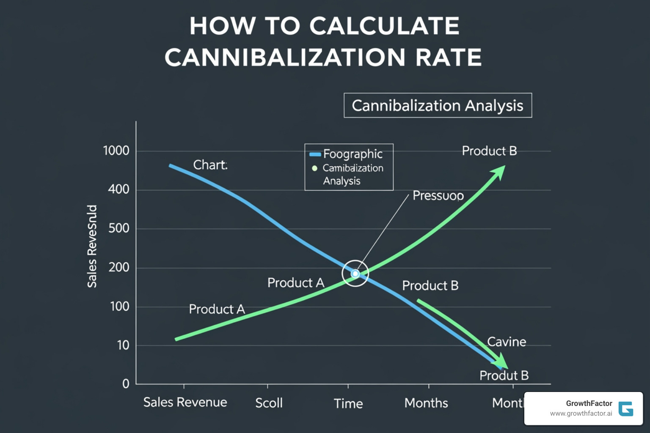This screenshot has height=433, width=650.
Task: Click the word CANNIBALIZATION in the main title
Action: click(x=284, y=58)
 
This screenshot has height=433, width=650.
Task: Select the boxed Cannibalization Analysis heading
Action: click(x=438, y=105)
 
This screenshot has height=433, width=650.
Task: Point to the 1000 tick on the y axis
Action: click(x=116, y=151)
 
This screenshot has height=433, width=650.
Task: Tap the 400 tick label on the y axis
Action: click(x=118, y=189)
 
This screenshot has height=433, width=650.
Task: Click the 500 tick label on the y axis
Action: click(x=118, y=228)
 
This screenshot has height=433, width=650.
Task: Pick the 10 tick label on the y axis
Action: click(x=123, y=345)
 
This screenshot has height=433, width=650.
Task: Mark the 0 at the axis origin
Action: click(x=126, y=384)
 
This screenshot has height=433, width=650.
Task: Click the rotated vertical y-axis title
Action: click(x=92, y=246)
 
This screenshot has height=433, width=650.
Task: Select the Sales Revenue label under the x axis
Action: click(x=185, y=402)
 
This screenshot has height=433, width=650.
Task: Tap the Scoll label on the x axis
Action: click(x=269, y=403)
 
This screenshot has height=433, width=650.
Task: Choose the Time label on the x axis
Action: click(x=348, y=403)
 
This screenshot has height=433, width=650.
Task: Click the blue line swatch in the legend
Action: click(x=315, y=154)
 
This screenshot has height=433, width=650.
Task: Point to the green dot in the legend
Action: click(x=314, y=168)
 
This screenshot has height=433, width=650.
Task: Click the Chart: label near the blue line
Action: click(x=210, y=165)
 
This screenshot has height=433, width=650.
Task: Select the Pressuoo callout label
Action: click(x=438, y=196)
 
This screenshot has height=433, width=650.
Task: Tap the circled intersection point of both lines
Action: click(x=355, y=274)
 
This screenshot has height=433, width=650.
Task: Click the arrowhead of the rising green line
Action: click(x=499, y=171)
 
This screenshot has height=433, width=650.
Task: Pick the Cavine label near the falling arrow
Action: click(x=507, y=342)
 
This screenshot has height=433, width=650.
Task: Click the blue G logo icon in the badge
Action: click(x=625, y=409)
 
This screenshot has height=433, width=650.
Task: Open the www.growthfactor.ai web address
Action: click(x=581, y=414)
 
